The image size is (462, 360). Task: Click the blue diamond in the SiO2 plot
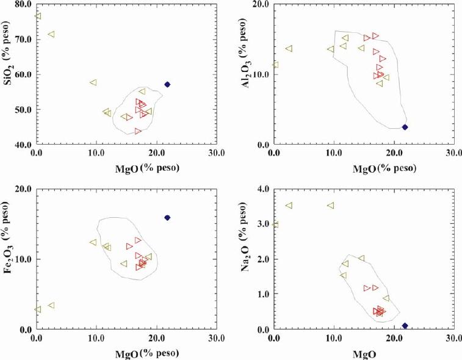[167, 84]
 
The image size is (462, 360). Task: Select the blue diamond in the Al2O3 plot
[405, 127]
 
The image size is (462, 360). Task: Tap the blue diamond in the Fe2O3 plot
[167, 218]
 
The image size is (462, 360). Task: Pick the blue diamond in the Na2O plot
[405, 326]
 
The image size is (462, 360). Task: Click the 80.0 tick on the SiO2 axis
[22, 4]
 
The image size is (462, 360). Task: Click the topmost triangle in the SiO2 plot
[38, 16]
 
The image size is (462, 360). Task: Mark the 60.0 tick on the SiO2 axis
[22, 74]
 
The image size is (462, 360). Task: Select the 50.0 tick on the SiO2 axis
[22, 110]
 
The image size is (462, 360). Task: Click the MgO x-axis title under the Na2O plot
[365, 353]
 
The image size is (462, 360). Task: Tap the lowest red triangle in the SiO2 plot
[138, 131]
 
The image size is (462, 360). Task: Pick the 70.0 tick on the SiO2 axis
[22, 40]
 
